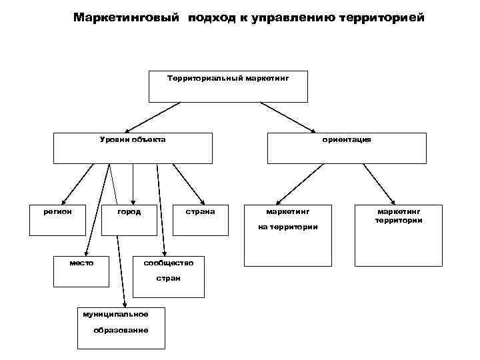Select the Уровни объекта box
pyautogui.click(x=133, y=148)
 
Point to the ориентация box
pyautogui.click(x=346, y=148)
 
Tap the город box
pyautogui.click(x=129, y=219)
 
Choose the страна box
pyautogui.click(x=200, y=219)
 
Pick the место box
pyautogui.click(x=81, y=270)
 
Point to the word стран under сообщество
pyautogui.click(x=168, y=277)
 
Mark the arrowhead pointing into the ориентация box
pyautogui.click(x=313, y=129)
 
